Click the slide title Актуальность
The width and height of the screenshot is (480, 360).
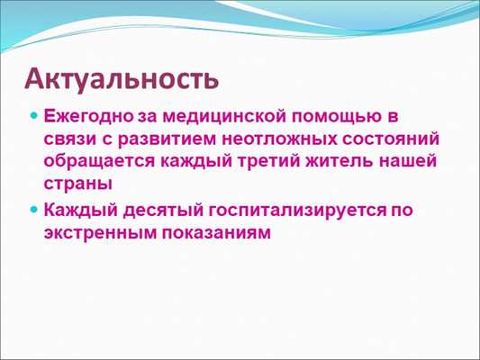(121, 78)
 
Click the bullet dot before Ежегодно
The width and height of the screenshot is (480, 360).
(34, 119)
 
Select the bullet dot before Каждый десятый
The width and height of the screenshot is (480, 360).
(34, 211)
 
